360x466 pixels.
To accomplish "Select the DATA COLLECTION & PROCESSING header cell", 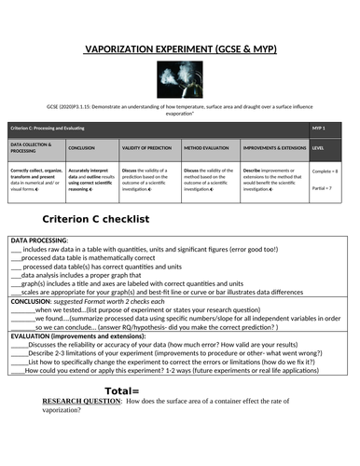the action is (35, 147).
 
